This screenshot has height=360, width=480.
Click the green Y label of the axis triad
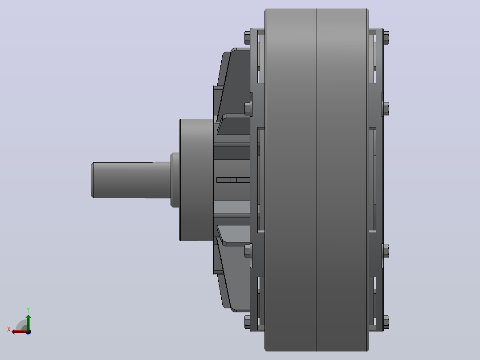28,310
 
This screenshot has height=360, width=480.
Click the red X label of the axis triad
9,329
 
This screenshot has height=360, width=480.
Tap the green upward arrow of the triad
28,322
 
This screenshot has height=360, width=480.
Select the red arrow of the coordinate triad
20,332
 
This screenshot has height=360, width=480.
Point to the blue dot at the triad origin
28,332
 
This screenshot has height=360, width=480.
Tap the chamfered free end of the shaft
92,180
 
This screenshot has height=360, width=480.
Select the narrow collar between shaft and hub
175,180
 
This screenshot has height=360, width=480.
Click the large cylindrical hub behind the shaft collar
196,180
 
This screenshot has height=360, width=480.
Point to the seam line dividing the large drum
317,180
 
